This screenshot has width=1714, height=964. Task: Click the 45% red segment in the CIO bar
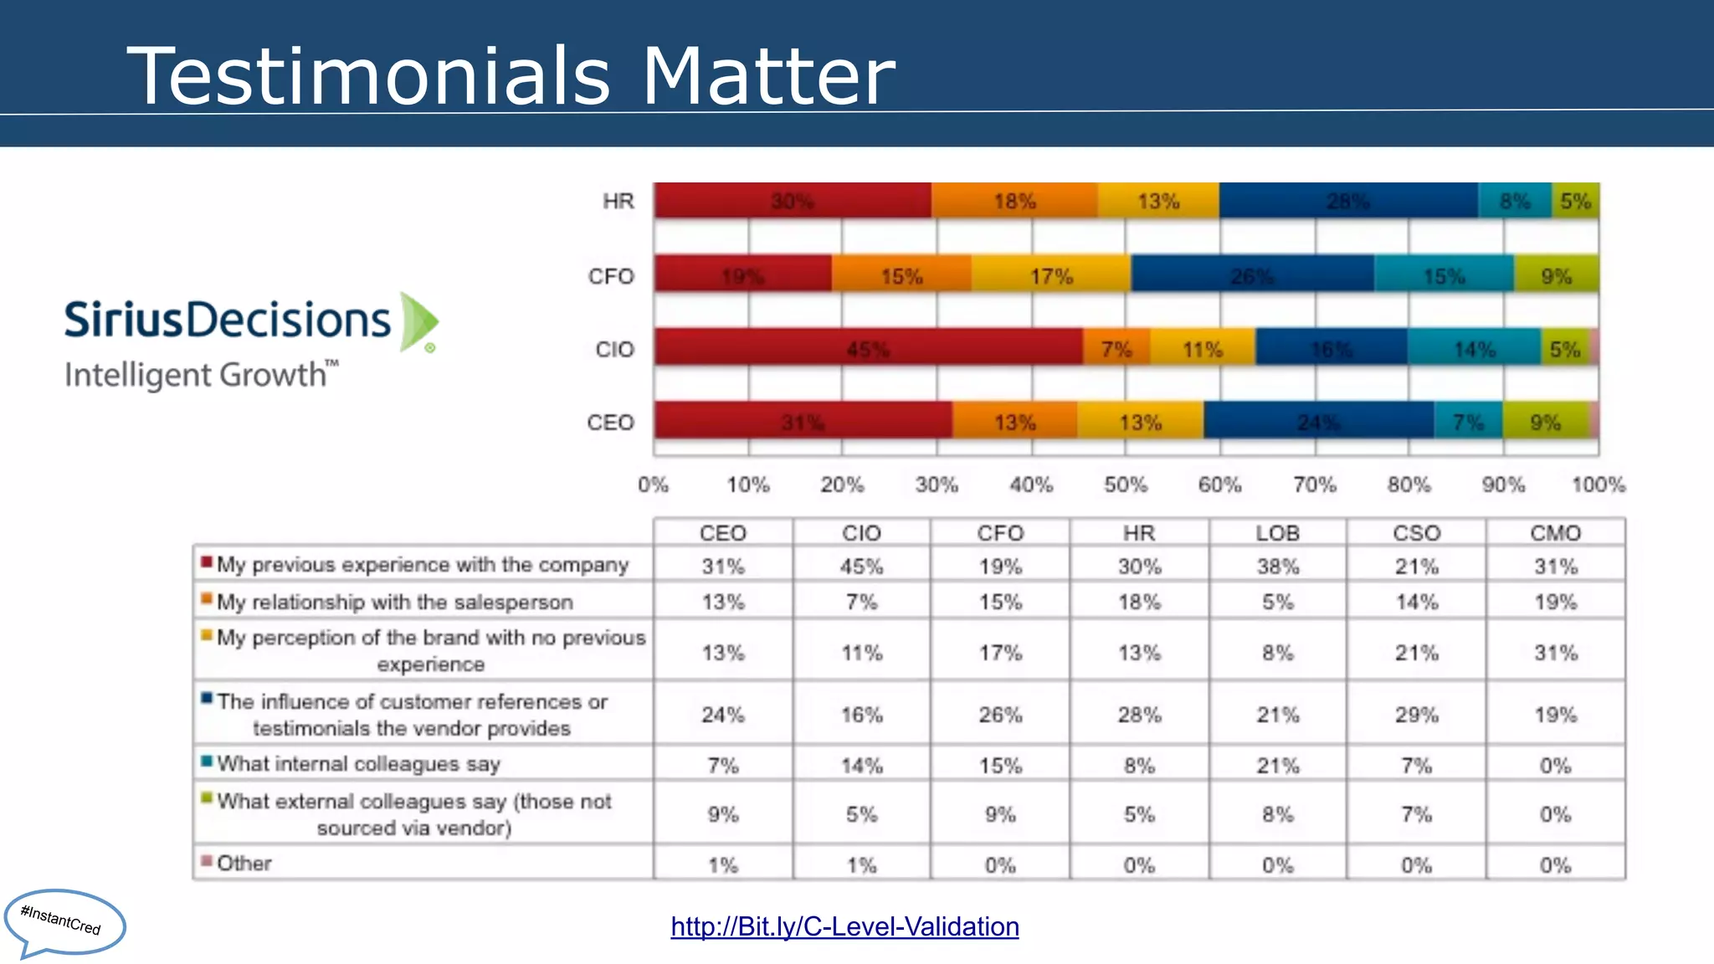pyautogui.click(x=868, y=348)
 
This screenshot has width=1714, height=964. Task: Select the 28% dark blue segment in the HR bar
pyautogui.click(x=1347, y=201)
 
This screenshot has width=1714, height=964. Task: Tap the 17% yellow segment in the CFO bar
pyautogui.click(x=1051, y=275)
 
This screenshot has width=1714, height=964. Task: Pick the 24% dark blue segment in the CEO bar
pyautogui.click(x=1318, y=422)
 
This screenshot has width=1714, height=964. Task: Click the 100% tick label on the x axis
pyautogui.click(x=1598, y=485)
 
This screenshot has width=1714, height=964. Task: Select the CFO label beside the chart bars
pyautogui.click(x=611, y=276)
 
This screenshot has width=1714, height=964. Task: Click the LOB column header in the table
pyautogui.click(x=1277, y=533)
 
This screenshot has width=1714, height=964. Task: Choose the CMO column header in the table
pyautogui.click(x=1555, y=533)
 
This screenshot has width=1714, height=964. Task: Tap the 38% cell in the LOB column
pyautogui.click(x=1277, y=567)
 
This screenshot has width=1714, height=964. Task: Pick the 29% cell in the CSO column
pyautogui.click(x=1416, y=715)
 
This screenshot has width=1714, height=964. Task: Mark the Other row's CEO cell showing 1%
pyautogui.click(x=722, y=864)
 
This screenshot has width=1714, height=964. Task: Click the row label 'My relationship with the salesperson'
pyautogui.click(x=395, y=602)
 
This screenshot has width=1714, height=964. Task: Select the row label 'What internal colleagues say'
pyautogui.click(x=358, y=763)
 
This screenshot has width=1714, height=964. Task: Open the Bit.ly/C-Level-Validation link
pyautogui.click(x=844, y=926)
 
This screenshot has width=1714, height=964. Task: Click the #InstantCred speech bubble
pyautogui.click(x=64, y=921)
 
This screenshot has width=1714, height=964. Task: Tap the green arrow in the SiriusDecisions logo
pyautogui.click(x=418, y=321)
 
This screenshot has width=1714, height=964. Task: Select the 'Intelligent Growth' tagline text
pyautogui.click(x=195, y=376)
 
